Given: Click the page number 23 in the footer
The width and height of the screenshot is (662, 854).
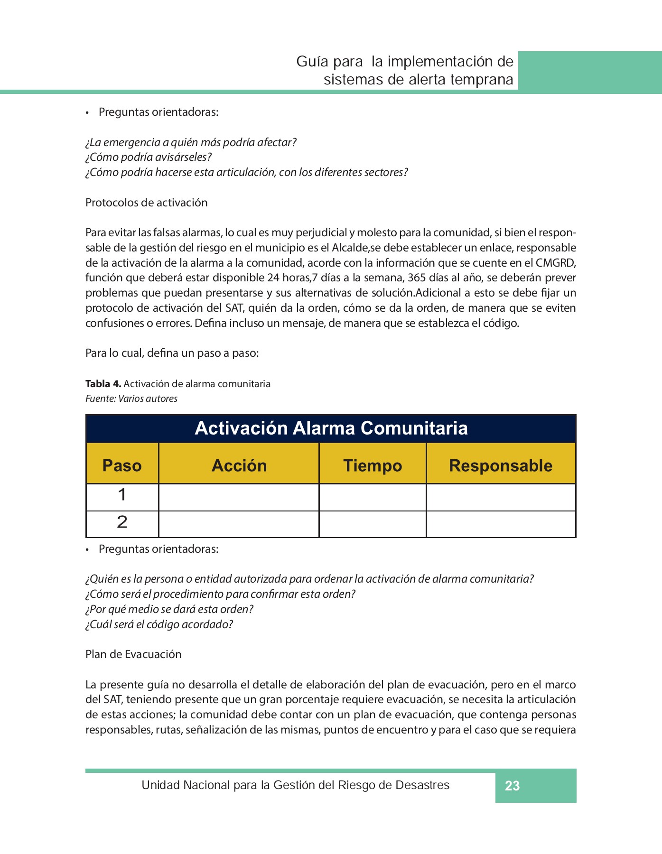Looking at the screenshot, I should coord(512,786).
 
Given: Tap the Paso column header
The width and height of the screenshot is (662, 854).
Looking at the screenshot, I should coord(122,465).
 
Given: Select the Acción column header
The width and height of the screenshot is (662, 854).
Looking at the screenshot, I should coord(239,465).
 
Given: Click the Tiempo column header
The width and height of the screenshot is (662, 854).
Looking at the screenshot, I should coord(373,465).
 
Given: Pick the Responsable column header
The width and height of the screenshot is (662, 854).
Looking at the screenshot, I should coord(501,465).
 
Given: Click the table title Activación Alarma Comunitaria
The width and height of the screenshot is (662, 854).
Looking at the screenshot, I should coord(331,428).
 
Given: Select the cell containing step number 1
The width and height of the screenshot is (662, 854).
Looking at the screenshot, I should coord(122,495).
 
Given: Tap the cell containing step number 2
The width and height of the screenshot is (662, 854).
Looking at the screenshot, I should coord(122,522).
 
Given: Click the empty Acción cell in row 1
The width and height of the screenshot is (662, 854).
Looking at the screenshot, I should coord(239,497).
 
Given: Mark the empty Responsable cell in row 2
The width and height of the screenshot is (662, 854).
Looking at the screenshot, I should coord(501,524).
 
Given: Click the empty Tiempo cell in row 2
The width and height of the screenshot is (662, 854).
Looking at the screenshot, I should coord(373,524).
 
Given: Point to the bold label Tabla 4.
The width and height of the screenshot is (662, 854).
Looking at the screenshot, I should coord(103,383).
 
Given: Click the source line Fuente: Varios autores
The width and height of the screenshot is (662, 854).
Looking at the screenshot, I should coord(131,399).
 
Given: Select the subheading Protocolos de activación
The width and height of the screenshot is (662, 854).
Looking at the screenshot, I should coord(146,203).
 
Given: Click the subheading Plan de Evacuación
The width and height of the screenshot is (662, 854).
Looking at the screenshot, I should coord(133,654).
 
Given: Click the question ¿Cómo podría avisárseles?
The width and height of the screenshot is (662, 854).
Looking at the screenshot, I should coord(148,157).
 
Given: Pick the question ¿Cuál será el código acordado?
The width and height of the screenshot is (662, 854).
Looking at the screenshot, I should coord(159,624).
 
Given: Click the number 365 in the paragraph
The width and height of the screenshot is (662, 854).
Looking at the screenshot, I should coord(417,278).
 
